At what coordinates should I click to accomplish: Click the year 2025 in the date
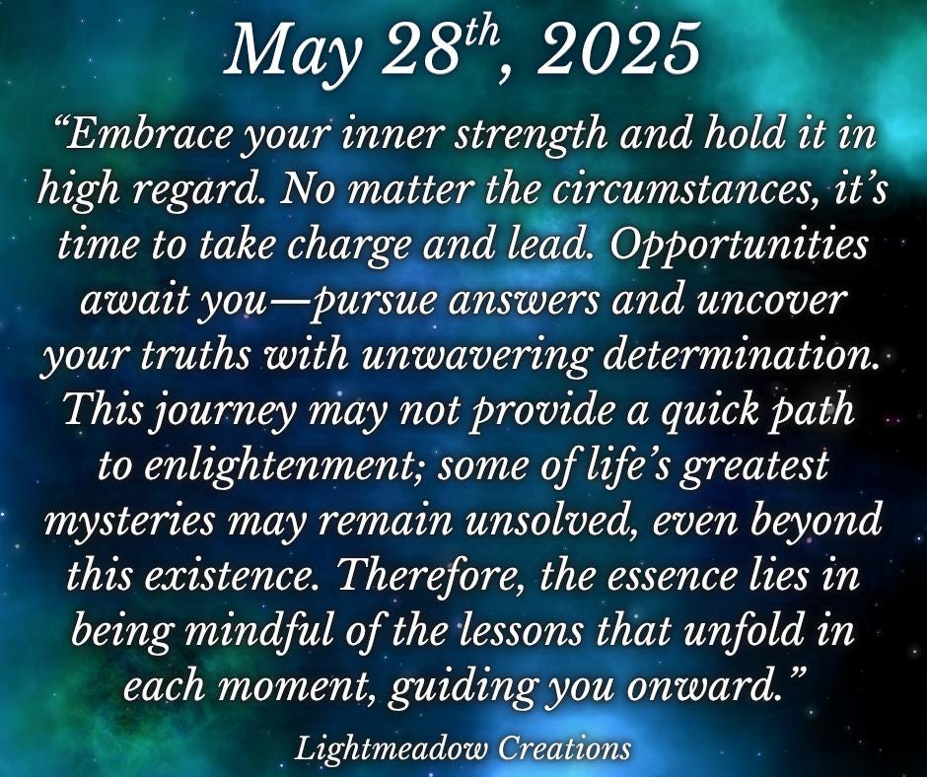(617, 50)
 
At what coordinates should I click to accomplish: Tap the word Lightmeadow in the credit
(392, 749)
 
